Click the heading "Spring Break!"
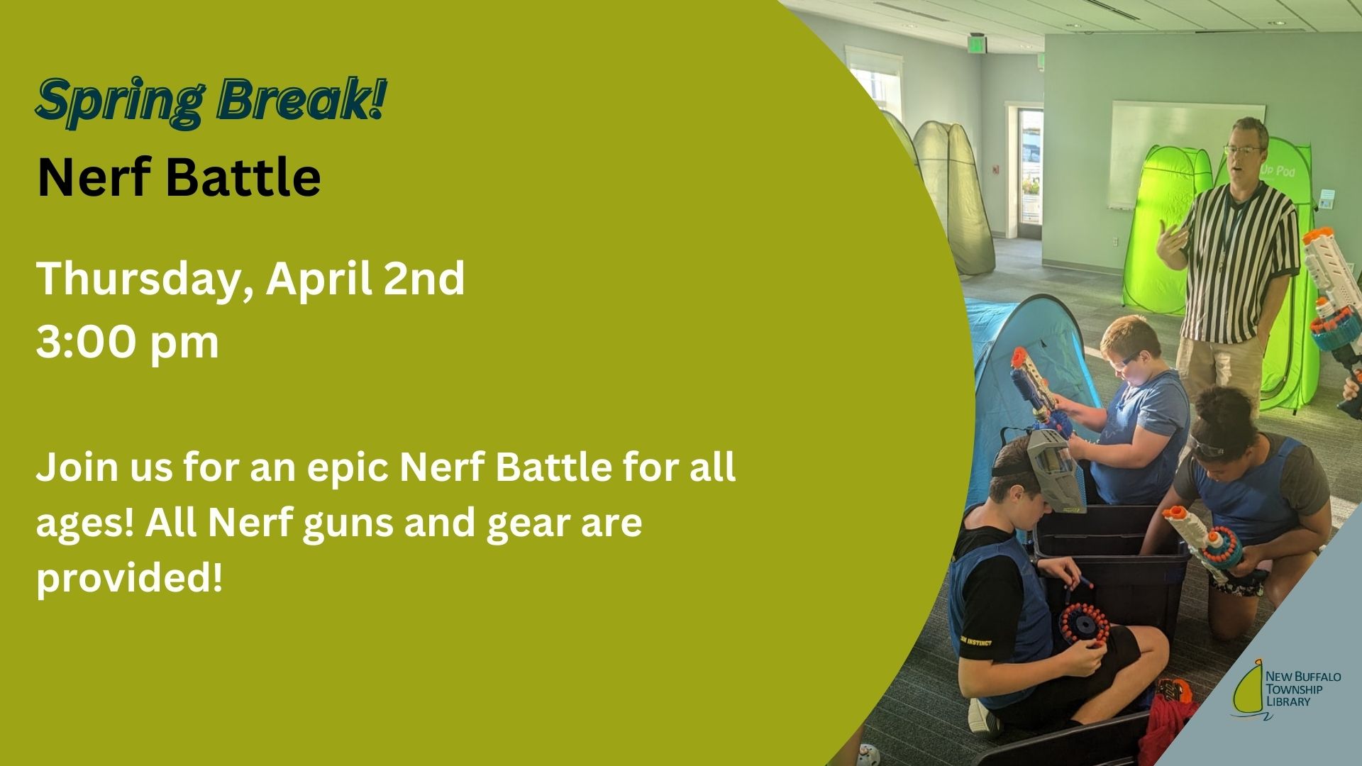[211, 104]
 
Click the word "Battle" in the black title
[244, 179]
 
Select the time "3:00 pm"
[128, 343]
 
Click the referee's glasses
[1242, 150]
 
